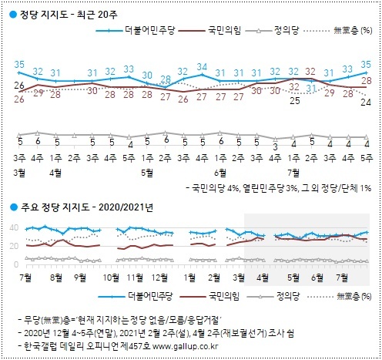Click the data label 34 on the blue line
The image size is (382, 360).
click(203, 67)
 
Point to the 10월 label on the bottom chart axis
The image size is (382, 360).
click(111, 275)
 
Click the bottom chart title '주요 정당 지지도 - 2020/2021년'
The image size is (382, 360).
click(82, 206)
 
